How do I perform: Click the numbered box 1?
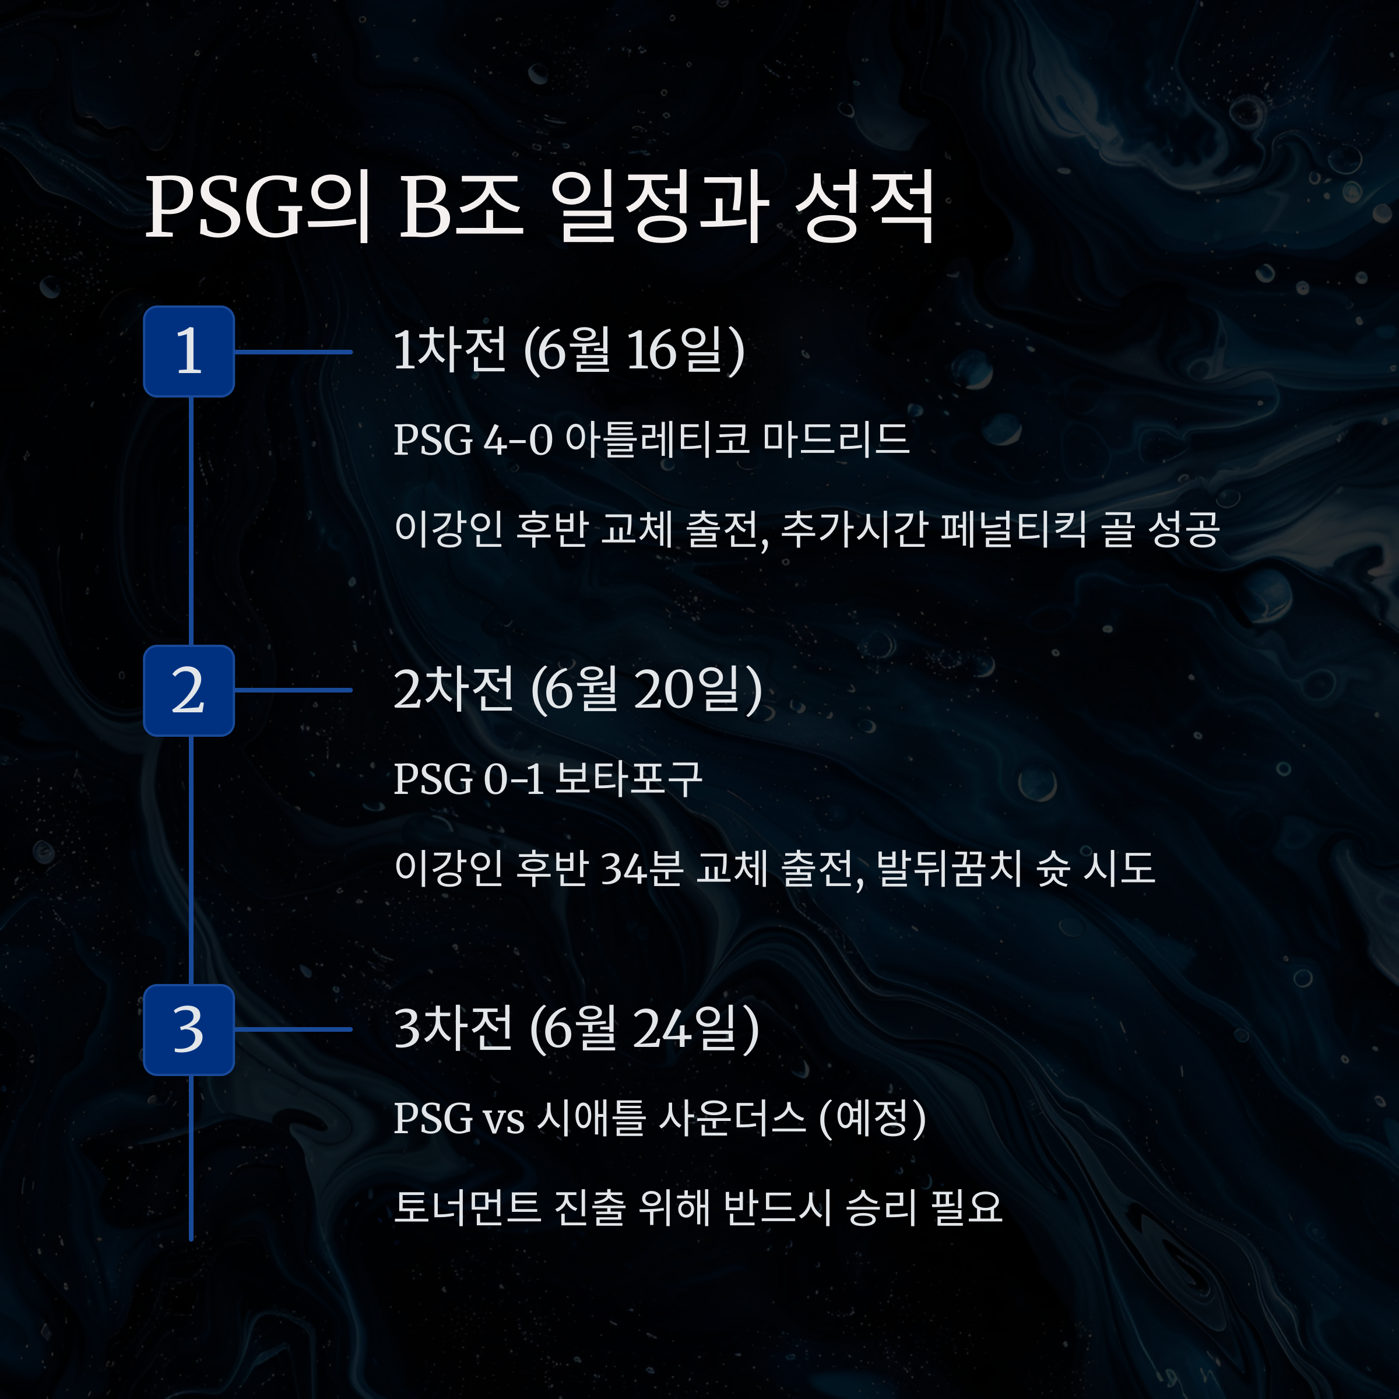click(x=188, y=351)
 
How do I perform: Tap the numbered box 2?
click(x=188, y=690)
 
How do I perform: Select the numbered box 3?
click(x=188, y=1029)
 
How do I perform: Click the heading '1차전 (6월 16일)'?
click(x=568, y=351)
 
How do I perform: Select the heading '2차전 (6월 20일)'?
click(x=577, y=690)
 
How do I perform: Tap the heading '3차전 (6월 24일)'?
click(x=576, y=1029)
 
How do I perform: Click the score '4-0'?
click(x=518, y=440)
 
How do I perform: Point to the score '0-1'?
click(x=513, y=780)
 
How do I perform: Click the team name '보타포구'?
click(x=628, y=780)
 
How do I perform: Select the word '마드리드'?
click(x=836, y=440)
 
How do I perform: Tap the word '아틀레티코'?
click(x=657, y=440)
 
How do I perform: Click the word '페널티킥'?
click(x=1013, y=529)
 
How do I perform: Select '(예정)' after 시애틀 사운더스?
click(x=873, y=1119)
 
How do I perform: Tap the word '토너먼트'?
click(x=467, y=1207)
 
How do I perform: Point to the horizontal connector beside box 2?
click(x=293, y=690)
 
